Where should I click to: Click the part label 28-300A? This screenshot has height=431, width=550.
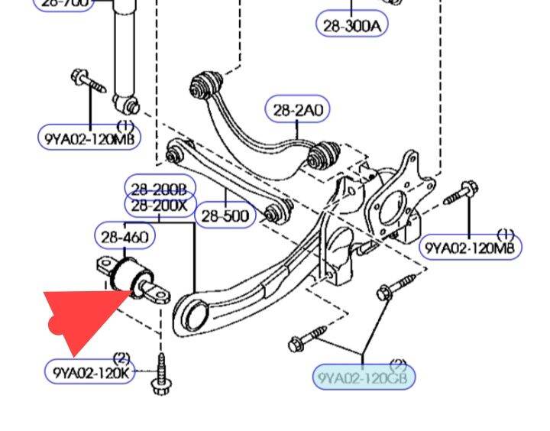[351, 25]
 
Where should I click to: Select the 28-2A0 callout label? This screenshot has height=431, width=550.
[297, 111]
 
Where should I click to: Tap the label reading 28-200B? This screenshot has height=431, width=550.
[160, 188]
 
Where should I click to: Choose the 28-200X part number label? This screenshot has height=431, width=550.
[160, 206]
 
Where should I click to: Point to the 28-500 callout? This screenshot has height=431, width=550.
[225, 216]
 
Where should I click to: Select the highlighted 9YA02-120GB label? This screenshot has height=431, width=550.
[364, 377]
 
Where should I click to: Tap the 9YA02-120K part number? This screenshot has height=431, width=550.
[90, 372]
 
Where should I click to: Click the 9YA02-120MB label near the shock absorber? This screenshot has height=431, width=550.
[89, 138]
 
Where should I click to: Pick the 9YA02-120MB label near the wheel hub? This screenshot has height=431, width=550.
[471, 247]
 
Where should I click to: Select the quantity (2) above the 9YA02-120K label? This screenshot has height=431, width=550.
[121, 358]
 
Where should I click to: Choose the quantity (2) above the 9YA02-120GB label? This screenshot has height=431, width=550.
[397, 364]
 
